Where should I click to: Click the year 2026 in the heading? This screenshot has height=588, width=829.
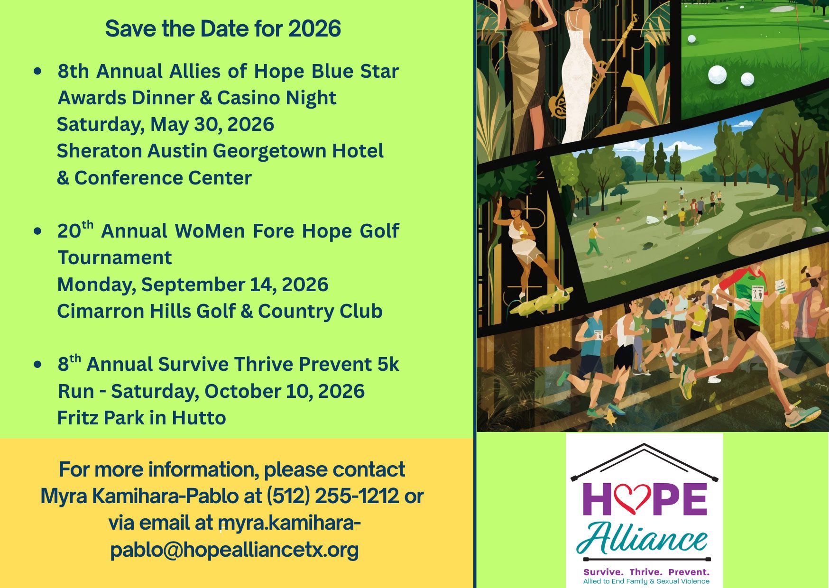(x=314, y=28)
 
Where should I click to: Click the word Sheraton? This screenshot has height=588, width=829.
(x=99, y=151)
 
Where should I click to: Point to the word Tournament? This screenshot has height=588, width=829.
(x=114, y=257)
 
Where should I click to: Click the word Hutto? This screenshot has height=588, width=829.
(x=199, y=418)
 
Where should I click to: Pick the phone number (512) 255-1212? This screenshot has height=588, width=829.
(x=332, y=496)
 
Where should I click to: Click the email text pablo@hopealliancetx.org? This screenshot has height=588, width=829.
(x=234, y=550)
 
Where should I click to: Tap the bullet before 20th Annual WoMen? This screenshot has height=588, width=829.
(x=38, y=231)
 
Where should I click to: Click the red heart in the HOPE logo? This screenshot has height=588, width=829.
(x=631, y=498)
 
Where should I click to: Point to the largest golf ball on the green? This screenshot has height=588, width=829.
(x=717, y=75)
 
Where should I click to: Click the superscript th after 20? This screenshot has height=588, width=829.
(x=87, y=224)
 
